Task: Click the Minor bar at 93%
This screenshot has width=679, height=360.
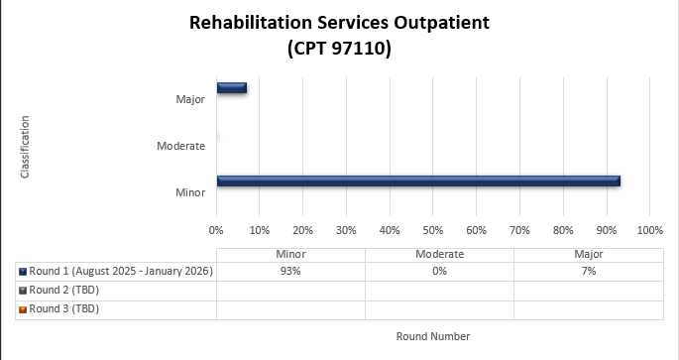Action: point(418,180)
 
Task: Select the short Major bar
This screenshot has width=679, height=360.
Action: point(232,88)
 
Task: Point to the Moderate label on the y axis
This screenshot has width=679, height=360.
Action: point(180,146)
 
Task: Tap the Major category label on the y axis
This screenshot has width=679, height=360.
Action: point(190,99)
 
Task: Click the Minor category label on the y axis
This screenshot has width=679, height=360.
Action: point(190,192)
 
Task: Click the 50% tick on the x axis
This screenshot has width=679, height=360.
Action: point(432,230)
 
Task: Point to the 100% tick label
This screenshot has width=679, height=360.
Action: point(649,230)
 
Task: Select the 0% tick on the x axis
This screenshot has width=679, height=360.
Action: point(216,230)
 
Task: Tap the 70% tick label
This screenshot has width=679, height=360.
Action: point(519,230)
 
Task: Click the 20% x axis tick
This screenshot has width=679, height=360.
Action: point(302,230)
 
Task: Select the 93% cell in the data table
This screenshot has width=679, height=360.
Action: point(290,271)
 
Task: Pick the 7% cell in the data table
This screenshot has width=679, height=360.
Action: point(588,271)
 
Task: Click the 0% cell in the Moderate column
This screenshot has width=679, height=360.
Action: point(439,271)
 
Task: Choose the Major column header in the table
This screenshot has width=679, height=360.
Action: point(588,254)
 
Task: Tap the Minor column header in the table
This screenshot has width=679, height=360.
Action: point(290,254)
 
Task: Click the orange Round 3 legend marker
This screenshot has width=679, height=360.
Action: point(23,309)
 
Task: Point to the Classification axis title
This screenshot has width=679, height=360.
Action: point(25,147)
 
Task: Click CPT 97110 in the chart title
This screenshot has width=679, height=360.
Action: point(340,48)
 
